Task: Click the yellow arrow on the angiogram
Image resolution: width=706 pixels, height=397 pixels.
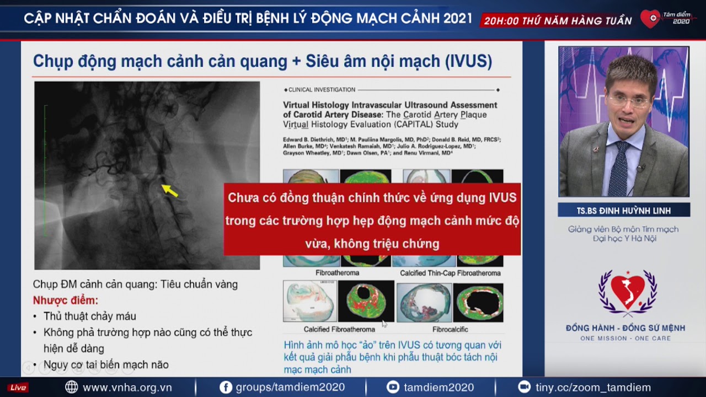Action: [170, 190]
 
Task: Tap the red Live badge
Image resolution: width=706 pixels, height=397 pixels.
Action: [18, 388]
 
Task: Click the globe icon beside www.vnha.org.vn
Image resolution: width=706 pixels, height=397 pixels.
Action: [72, 387]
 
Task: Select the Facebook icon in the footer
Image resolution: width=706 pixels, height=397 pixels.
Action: [226, 387]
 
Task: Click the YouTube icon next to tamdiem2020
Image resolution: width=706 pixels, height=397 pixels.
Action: [393, 387]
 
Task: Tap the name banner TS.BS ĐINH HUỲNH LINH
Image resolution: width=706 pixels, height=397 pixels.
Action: [623, 211]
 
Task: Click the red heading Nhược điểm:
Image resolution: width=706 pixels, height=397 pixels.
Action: [65, 301]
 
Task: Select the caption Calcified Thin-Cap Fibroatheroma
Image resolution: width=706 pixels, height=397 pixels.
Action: [450, 273]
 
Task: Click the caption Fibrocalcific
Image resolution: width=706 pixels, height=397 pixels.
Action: [450, 329]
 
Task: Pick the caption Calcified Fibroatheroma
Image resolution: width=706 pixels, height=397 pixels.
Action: [339, 329]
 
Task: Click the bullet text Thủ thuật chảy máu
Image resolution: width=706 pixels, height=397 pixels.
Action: [90, 316]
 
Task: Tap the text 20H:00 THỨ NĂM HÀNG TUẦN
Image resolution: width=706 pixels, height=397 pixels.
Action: [558, 21]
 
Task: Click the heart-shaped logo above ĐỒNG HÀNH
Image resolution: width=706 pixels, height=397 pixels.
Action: [628, 292]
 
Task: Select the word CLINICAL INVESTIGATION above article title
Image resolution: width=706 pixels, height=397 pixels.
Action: [322, 90]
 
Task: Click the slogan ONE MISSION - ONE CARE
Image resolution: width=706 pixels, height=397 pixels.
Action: [625, 338]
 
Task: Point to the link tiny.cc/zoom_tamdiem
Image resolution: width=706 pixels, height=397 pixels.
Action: [593, 387]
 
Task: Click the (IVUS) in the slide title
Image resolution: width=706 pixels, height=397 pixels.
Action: [468, 61]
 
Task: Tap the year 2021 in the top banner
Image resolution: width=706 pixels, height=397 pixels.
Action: [458, 18]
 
